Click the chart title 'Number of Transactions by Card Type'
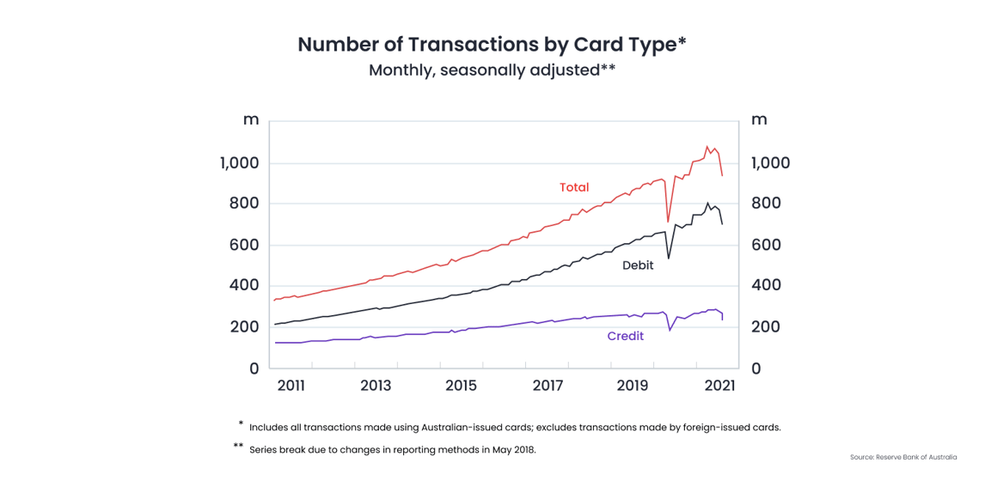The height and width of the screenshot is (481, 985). (x=492, y=45)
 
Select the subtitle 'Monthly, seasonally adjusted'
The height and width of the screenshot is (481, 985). (x=492, y=70)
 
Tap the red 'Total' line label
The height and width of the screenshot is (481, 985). (x=574, y=187)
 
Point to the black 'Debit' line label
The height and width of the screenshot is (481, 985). (x=638, y=265)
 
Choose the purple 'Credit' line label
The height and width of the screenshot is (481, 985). (x=625, y=336)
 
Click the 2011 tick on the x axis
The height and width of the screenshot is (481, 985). (x=291, y=386)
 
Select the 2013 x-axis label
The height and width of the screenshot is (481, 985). (x=376, y=386)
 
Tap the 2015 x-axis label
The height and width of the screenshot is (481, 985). (x=461, y=386)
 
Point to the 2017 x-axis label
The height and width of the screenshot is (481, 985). (x=548, y=386)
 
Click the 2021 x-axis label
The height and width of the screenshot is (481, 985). (x=719, y=386)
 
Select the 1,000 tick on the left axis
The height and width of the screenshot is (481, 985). (x=240, y=163)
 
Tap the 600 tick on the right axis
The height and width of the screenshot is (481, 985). (x=766, y=245)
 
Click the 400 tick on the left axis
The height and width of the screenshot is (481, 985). (x=243, y=285)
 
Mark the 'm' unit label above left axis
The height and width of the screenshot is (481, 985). (x=251, y=119)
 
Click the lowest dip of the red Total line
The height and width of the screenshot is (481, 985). (x=668, y=222)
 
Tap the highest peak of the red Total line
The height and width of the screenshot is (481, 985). (x=707, y=146)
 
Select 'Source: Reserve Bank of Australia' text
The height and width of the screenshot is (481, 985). (x=903, y=457)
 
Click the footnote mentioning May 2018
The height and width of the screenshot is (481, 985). (x=392, y=449)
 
